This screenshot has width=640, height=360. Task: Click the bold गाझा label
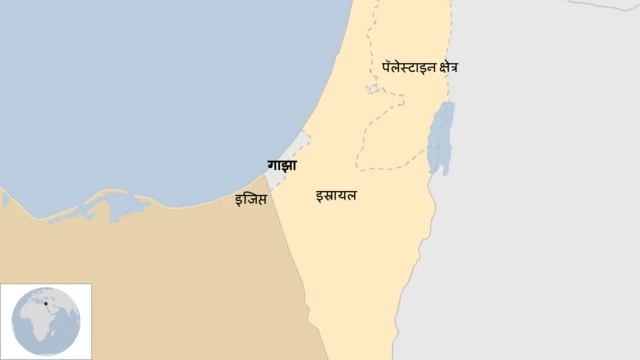[281, 166]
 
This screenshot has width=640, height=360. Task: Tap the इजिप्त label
[250, 199]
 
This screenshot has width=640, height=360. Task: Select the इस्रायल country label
[335, 194]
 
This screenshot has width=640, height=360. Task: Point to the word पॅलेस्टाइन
[408, 67]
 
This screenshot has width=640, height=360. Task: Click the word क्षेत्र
[447, 67]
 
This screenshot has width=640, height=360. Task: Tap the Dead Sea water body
[440, 135]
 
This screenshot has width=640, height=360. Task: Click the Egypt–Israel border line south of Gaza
[295, 260]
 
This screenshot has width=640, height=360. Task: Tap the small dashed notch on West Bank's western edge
[374, 89]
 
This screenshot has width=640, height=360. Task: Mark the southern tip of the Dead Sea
[437, 172]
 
